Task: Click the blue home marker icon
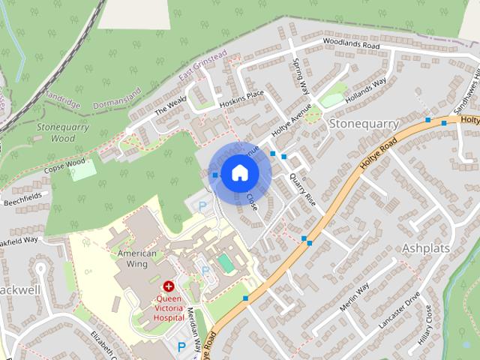tap(239, 173)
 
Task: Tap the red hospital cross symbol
tap(169, 286)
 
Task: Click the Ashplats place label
tap(429, 247)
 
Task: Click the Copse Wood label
tap(64, 164)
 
